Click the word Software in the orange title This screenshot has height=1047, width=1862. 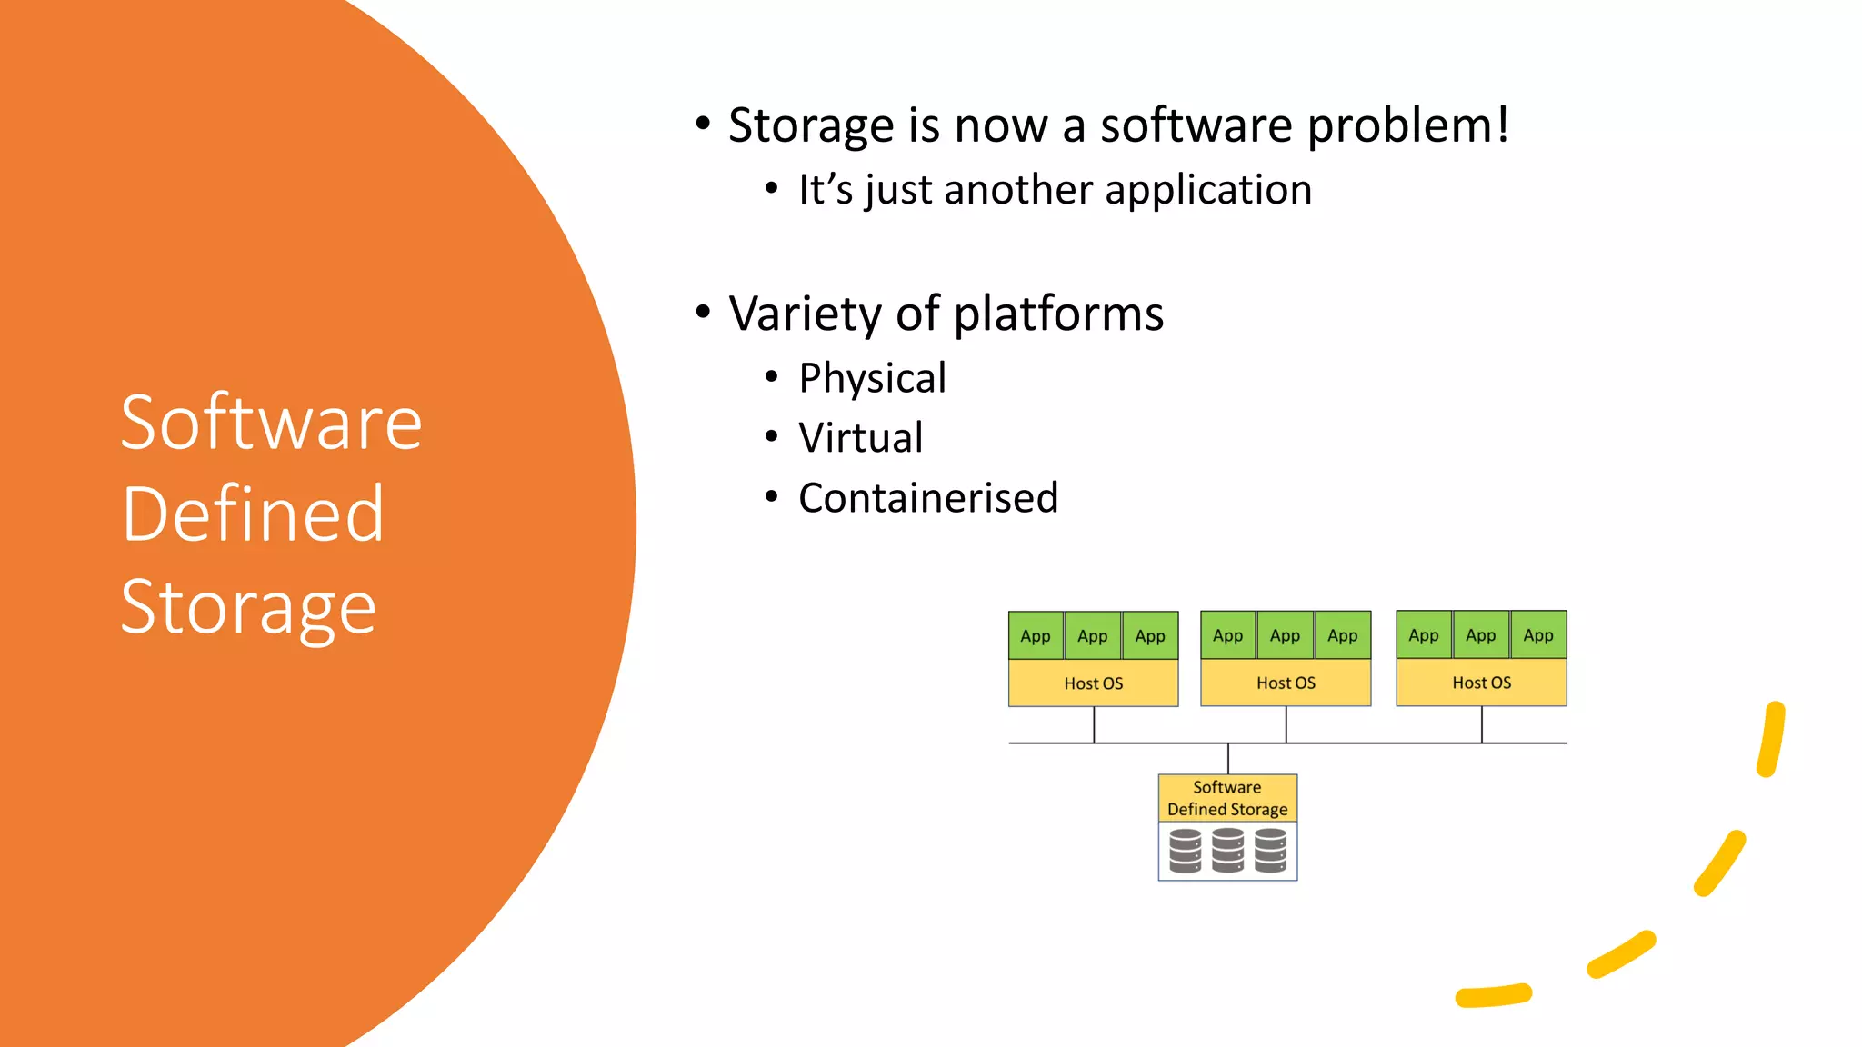point(271,424)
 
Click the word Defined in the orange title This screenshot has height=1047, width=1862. point(253,514)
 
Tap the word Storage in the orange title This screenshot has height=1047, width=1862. point(248,607)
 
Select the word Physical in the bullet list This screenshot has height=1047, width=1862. point(872,378)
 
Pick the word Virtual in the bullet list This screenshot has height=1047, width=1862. point(860,438)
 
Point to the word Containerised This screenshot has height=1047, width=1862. point(928,498)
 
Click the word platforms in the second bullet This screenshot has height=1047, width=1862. point(1058,314)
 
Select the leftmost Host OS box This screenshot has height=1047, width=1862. point(1093,683)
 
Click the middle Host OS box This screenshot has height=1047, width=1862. point(1286,683)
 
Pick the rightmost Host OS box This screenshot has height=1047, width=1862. point(1481,683)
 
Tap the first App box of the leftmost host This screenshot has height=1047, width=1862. point(1036,636)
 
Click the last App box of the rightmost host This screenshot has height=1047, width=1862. point(1538,635)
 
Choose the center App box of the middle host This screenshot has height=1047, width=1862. point(1285,635)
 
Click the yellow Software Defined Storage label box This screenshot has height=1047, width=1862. point(1227,798)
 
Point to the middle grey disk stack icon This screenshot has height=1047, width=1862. point(1227,851)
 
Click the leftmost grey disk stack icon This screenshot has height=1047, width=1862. point(1185,851)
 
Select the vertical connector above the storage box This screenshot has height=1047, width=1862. point(1228,759)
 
